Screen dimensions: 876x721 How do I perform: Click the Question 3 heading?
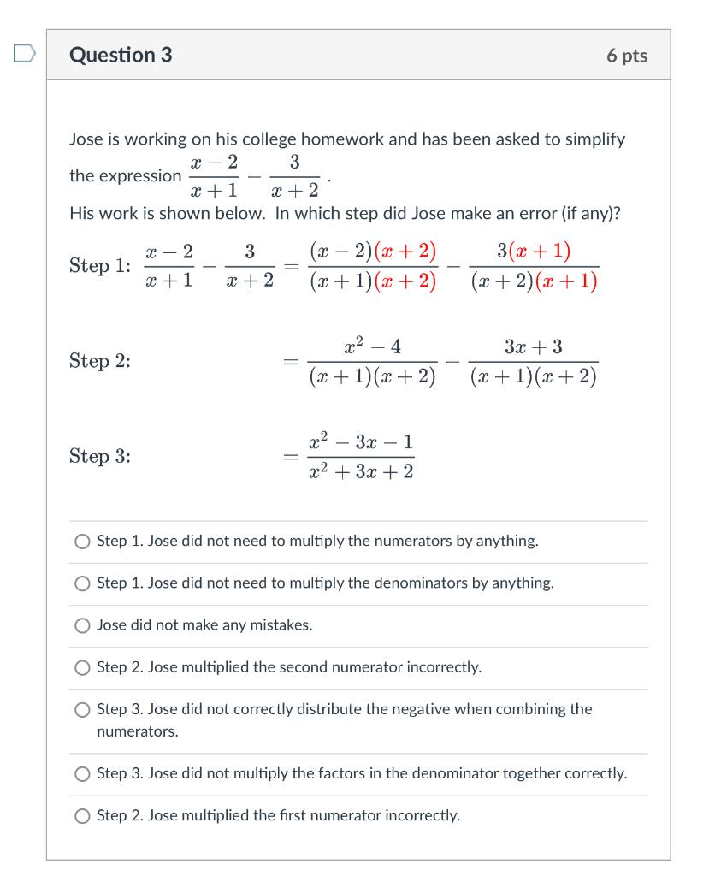coord(121,56)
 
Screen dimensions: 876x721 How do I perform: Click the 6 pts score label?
coord(627,56)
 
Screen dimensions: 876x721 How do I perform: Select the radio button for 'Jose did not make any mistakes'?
coord(82,625)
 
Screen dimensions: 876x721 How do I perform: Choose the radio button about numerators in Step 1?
coord(82,542)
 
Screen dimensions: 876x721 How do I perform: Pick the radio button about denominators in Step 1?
coord(82,583)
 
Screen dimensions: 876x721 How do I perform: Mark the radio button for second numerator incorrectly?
coord(82,667)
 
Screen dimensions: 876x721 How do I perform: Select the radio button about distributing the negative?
coord(82,710)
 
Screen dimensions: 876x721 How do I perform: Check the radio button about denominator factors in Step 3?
coord(82,774)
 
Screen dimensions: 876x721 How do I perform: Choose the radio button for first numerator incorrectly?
coord(82,816)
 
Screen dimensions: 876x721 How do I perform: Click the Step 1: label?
coord(100,266)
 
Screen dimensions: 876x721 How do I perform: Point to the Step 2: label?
coord(100,361)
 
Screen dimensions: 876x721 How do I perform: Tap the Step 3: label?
coord(100,456)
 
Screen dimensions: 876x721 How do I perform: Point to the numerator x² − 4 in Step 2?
coord(372,346)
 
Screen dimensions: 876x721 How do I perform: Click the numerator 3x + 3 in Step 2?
coord(533,346)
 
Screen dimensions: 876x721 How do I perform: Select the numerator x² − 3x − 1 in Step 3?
coord(361,442)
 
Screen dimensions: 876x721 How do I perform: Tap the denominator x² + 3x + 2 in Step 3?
coord(361,471)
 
